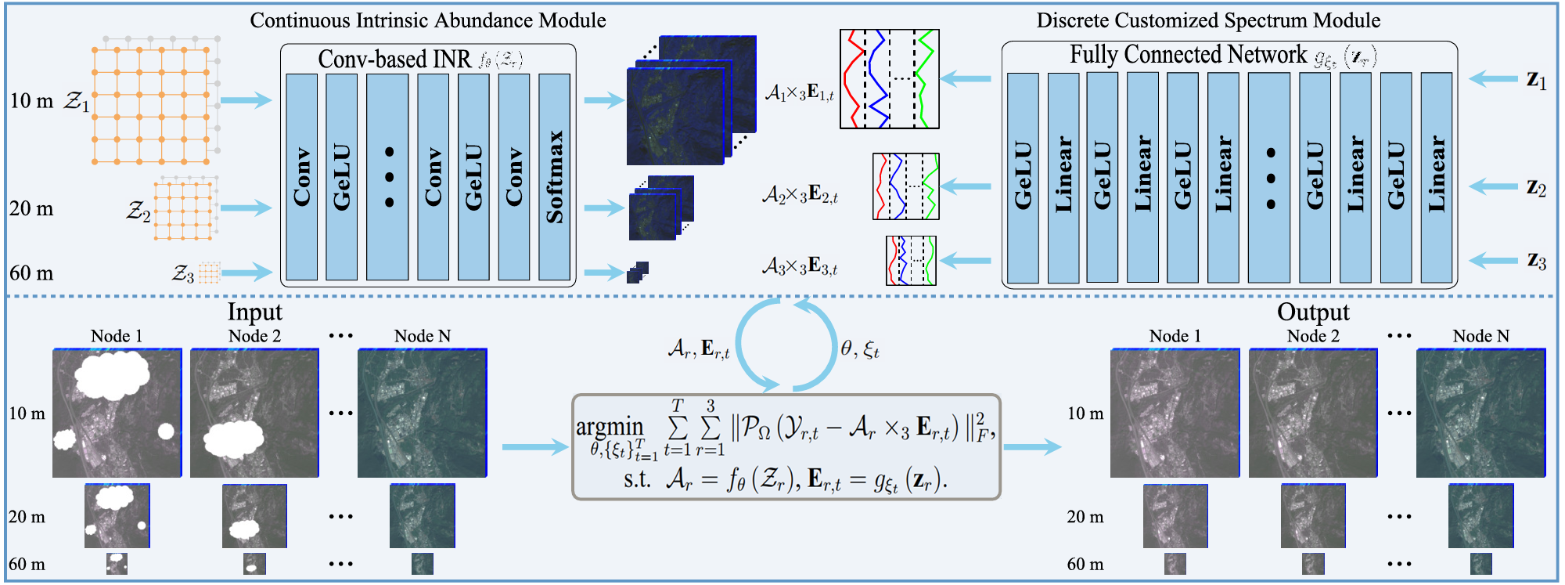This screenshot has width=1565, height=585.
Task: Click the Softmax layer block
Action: (554, 177)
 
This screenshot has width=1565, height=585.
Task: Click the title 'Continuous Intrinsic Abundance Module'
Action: (427, 20)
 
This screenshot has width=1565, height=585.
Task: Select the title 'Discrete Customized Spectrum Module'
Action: (1208, 20)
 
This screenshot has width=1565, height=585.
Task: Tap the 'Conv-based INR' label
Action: (394, 59)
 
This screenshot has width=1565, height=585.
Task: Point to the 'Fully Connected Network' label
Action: (1188, 55)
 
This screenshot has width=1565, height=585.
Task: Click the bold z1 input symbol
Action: (1536, 80)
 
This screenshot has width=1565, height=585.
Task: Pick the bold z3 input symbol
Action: (1536, 261)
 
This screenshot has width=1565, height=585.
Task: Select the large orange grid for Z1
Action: (152, 105)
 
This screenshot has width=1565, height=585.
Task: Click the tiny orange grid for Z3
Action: (209, 273)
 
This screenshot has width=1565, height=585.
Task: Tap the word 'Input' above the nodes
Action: (254, 312)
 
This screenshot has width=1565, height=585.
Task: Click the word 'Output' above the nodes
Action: (1313, 312)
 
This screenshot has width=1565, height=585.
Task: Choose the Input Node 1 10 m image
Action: (117, 413)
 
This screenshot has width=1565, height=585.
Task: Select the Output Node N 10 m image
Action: (1480, 413)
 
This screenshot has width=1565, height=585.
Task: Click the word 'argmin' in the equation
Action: (610, 427)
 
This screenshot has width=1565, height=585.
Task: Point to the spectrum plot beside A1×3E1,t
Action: (889, 79)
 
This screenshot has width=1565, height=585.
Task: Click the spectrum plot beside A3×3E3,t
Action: (911, 261)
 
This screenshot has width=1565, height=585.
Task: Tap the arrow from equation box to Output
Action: (1031, 447)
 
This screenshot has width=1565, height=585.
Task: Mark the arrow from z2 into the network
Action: (1493, 186)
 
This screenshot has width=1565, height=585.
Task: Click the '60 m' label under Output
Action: (1085, 564)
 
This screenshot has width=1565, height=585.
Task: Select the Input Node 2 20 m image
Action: (254, 516)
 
